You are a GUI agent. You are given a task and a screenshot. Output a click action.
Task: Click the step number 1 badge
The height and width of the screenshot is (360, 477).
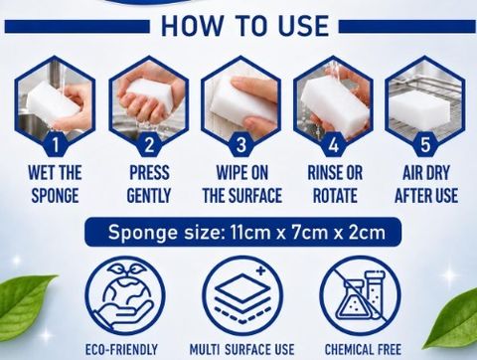click(x=56, y=144)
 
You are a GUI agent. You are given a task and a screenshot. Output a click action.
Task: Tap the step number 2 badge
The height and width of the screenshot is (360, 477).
click(x=149, y=144)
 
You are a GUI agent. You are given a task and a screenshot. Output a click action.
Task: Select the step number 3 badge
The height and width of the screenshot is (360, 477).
click(x=241, y=144)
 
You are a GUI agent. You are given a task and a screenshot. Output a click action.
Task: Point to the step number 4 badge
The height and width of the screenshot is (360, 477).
click(x=334, y=144)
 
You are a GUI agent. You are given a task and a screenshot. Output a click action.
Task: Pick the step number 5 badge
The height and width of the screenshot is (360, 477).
click(x=425, y=144)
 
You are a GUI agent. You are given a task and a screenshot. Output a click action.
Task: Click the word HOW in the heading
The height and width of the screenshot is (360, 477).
click(x=192, y=26)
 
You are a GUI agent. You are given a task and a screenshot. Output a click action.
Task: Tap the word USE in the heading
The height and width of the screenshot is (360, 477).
click(x=303, y=26)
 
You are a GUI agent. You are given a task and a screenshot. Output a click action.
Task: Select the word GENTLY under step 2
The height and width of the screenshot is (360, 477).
click(x=149, y=196)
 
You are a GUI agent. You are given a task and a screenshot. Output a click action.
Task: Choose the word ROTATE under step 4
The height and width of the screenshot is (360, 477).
click(x=335, y=196)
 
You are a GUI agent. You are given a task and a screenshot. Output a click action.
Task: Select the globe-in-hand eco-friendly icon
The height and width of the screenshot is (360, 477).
click(x=125, y=296)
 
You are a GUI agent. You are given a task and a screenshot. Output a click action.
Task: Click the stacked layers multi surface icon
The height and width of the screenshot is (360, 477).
click(x=242, y=296)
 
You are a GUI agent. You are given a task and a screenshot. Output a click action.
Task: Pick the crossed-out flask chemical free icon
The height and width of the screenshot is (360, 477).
click(x=361, y=296)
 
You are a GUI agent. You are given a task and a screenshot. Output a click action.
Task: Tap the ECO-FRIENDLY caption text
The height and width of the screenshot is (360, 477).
click(x=121, y=350)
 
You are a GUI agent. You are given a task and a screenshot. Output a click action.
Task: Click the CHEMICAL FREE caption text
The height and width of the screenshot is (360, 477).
click(x=363, y=350)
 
